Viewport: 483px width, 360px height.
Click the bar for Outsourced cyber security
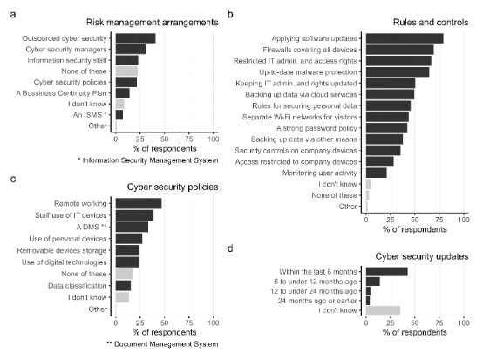pos(135,38)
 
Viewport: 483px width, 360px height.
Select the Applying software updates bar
pos(405,38)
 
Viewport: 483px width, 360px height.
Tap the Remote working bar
pos(139,204)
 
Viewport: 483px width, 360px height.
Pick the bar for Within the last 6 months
pos(387,272)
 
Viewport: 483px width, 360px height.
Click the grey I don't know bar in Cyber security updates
pos(384,310)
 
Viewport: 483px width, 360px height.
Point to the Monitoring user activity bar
pos(377,173)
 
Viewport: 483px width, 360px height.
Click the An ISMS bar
pos(119,115)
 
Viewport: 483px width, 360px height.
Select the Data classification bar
pos(123,286)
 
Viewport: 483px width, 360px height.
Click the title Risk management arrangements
pos(153,23)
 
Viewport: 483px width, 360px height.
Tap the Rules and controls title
pos(431,23)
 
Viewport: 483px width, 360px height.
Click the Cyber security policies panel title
pos(173,187)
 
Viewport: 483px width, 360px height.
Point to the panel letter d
pos(230,248)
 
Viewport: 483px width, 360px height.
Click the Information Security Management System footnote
pos(148,160)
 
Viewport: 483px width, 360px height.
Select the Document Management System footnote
pos(162,344)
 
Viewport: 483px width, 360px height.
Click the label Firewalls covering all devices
pos(310,50)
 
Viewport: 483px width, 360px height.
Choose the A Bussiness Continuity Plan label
pos(61,93)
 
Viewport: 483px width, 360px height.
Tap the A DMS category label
pos(92,227)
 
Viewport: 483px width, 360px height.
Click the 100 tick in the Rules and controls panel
pos(464,220)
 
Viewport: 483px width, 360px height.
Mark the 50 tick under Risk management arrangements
pos(165,139)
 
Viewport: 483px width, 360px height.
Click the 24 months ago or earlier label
pos(317,301)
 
